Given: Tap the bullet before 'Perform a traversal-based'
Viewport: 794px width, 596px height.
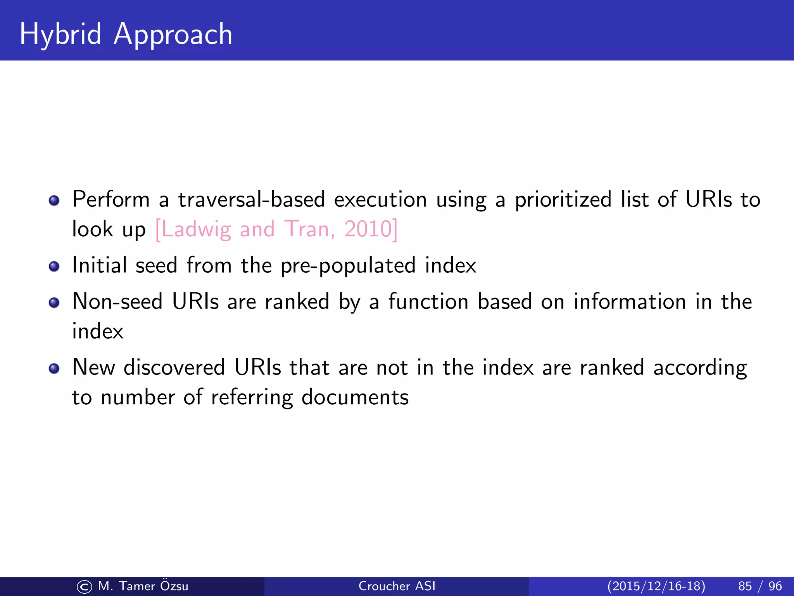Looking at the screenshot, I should [54, 201].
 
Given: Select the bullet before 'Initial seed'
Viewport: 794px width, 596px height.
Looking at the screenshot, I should [54, 267].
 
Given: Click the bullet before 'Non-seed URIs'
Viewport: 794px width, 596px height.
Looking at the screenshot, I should [54, 303].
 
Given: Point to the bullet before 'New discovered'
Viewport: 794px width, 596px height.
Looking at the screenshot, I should [54, 368].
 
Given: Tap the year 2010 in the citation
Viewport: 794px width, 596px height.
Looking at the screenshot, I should [368, 229].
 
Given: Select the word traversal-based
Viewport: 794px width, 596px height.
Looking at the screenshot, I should [251, 200].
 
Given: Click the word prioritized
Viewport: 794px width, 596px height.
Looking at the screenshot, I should [563, 201].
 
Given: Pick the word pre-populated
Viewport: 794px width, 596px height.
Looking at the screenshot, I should [348, 267].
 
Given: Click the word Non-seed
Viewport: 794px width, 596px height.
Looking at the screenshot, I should [117, 302].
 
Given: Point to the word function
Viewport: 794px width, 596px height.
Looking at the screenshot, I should [428, 302].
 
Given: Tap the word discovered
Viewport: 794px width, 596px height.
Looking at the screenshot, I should [174, 367].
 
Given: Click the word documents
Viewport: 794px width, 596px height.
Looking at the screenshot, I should [355, 397].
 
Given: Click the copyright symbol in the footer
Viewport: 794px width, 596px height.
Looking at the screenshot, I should [84, 587].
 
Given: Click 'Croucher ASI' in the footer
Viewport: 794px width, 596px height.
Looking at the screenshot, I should [397, 586].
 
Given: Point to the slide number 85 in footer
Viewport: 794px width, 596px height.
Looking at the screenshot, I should [745, 586].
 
